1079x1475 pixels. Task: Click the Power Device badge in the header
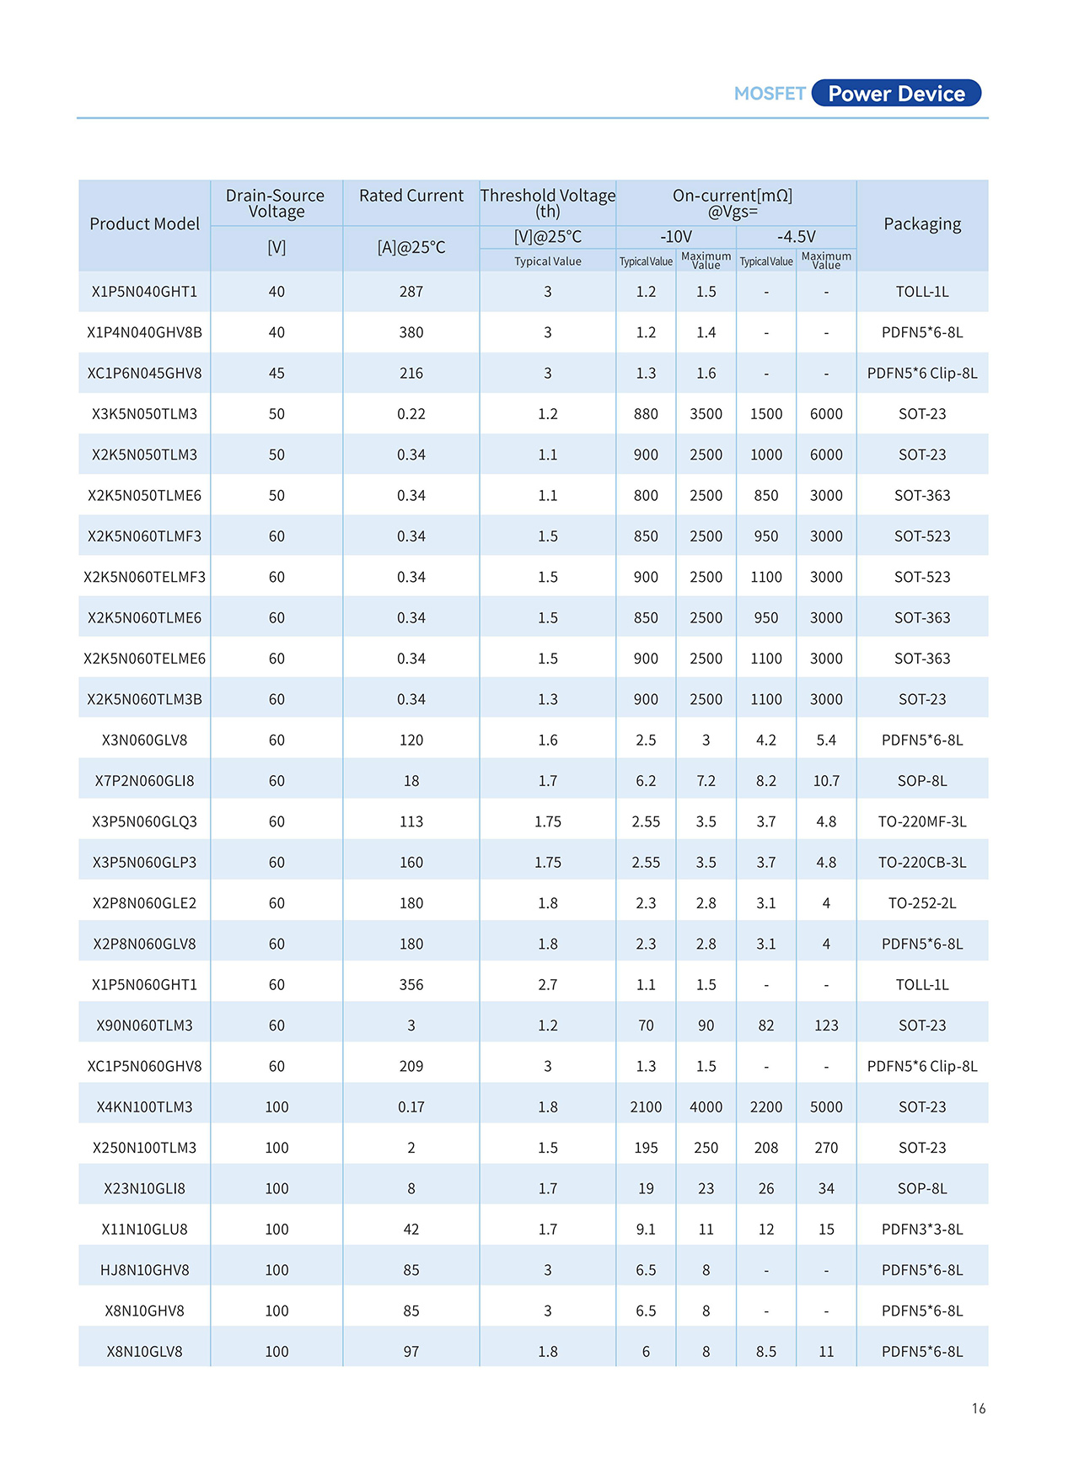click(x=896, y=94)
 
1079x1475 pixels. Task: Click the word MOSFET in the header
click(x=770, y=94)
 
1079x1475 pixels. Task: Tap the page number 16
click(x=978, y=1408)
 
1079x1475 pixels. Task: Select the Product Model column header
click(x=144, y=224)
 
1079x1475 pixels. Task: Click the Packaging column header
click(x=922, y=224)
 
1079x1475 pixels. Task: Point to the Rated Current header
click(x=411, y=196)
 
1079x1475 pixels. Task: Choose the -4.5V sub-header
click(x=796, y=237)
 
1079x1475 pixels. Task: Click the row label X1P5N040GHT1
click(x=144, y=292)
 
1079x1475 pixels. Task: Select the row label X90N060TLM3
click(x=144, y=1026)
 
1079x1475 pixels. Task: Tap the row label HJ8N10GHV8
click(x=144, y=1270)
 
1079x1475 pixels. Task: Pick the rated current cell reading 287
click(x=411, y=292)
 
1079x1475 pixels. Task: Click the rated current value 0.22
click(x=411, y=414)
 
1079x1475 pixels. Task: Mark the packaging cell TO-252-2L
click(x=922, y=903)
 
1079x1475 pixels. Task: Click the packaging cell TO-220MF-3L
click(x=922, y=821)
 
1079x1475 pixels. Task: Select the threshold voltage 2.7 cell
click(x=548, y=985)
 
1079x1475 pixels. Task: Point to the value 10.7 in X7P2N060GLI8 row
click(x=826, y=781)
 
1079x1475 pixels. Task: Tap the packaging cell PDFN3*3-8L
click(x=922, y=1230)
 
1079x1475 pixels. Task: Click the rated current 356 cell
click(x=411, y=985)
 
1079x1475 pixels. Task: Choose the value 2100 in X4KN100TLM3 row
click(x=646, y=1107)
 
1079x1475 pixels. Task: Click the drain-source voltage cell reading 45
click(x=276, y=374)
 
